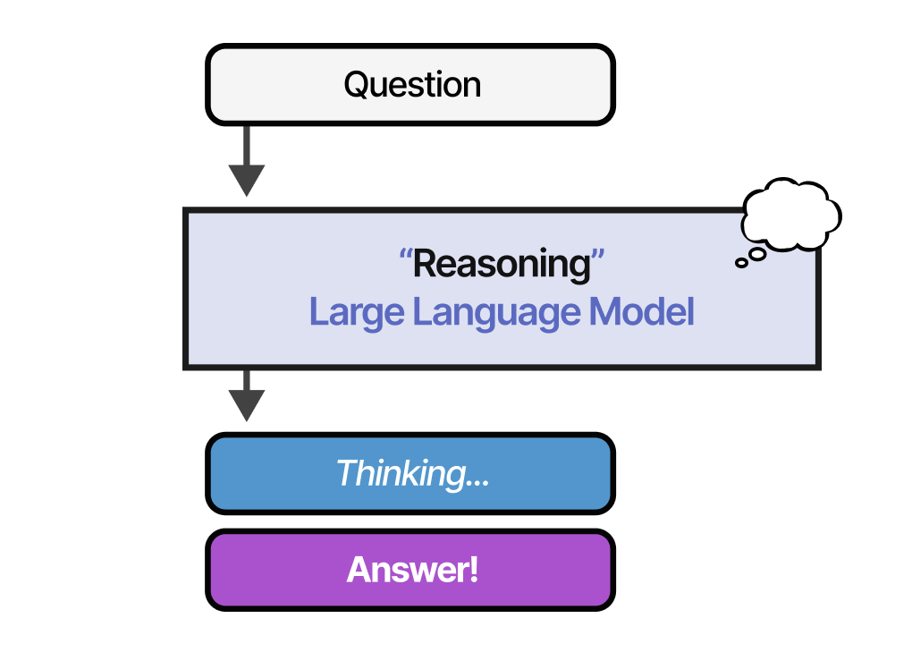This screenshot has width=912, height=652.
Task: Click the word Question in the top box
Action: click(412, 85)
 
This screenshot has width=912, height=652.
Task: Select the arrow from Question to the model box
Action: click(246, 161)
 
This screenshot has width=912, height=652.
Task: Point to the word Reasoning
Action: click(502, 264)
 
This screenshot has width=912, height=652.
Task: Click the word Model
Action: click(642, 313)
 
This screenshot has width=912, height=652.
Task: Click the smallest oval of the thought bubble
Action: click(741, 263)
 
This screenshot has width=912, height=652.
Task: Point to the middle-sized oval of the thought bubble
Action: click(757, 254)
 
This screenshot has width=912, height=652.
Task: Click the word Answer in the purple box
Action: click(407, 570)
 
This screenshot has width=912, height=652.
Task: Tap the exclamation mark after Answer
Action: click(473, 570)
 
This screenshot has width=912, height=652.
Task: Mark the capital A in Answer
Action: click(359, 570)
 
